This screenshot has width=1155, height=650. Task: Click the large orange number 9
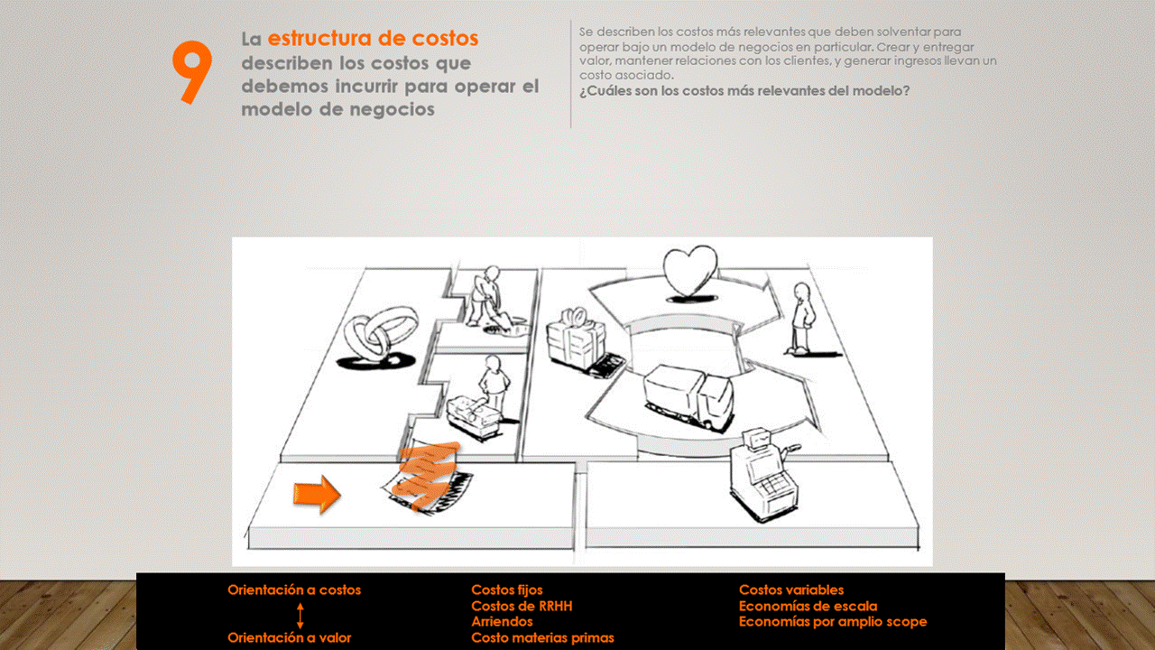point(192,72)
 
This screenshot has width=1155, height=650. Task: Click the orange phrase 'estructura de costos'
point(373,39)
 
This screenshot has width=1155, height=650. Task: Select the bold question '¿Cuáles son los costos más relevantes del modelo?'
point(744,91)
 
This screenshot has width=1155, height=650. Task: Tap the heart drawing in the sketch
point(690,273)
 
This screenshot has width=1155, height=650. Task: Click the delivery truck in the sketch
point(688,396)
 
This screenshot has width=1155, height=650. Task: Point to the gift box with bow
point(576,338)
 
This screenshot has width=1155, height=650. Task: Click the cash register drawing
point(763,475)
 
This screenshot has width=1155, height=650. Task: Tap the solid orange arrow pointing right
point(317,494)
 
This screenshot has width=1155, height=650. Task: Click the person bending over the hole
point(487,298)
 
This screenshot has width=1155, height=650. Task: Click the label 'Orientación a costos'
point(294,590)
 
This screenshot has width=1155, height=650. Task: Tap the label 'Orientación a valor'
point(290,637)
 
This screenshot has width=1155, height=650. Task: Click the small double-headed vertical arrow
point(300,616)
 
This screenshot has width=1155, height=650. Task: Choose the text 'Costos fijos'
point(507,590)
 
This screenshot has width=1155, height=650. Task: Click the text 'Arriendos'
point(502,622)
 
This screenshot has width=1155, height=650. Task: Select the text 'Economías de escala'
point(808,606)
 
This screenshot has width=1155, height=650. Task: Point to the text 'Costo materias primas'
point(542,637)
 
